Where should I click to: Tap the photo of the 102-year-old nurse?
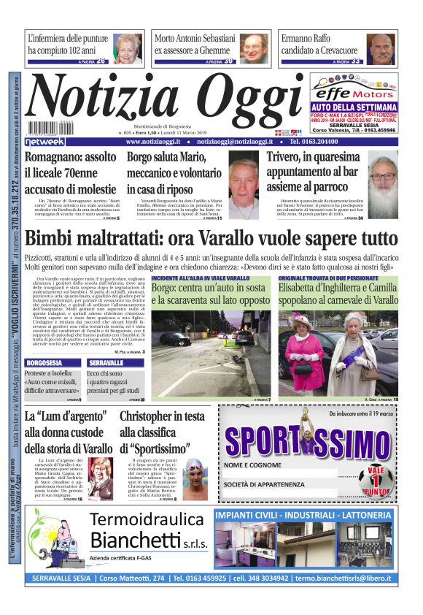click(128, 48)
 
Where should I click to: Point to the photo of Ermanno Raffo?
click(381, 48)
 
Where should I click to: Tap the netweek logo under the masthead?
click(45, 141)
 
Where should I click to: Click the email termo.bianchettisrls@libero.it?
click(344, 578)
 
